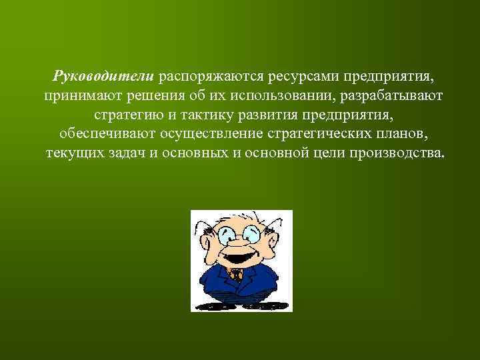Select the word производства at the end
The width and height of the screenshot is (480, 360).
[402, 153]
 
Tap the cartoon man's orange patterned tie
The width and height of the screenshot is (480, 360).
[235, 275]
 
